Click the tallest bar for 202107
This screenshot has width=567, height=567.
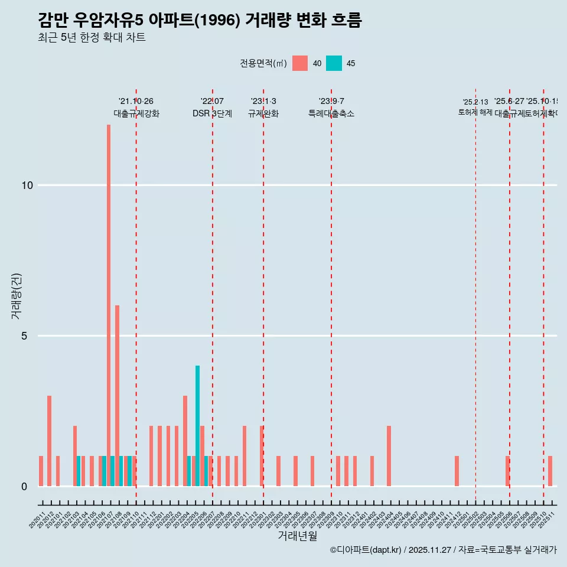point(109,305)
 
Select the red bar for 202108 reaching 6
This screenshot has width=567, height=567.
point(117,396)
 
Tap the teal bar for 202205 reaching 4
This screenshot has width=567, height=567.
point(197,426)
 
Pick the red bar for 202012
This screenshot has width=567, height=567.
point(49,441)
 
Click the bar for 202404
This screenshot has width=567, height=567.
point(389,456)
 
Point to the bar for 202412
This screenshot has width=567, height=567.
point(457,471)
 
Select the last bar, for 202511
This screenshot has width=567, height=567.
point(550,471)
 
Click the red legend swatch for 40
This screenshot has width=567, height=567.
point(300,63)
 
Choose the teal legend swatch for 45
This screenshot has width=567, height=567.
point(334,63)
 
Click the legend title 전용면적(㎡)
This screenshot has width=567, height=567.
point(263,64)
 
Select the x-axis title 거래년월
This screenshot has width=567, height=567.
point(297,536)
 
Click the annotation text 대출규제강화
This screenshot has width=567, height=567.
point(136,113)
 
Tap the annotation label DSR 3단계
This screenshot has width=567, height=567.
point(212,113)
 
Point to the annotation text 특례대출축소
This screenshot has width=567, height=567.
point(331,113)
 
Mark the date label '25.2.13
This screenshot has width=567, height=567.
point(475,102)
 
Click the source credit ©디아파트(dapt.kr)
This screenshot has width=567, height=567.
point(366,550)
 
